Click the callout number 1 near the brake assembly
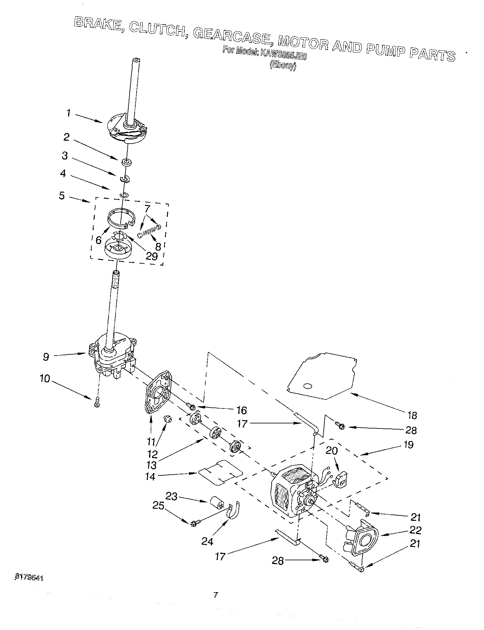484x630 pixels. (68, 113)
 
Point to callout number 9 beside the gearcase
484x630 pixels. (46, 357)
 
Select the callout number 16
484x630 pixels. (242, 410)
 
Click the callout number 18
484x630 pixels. (412, 415)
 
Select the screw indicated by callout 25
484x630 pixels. (194, 523)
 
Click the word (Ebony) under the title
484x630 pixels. (283, 66)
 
